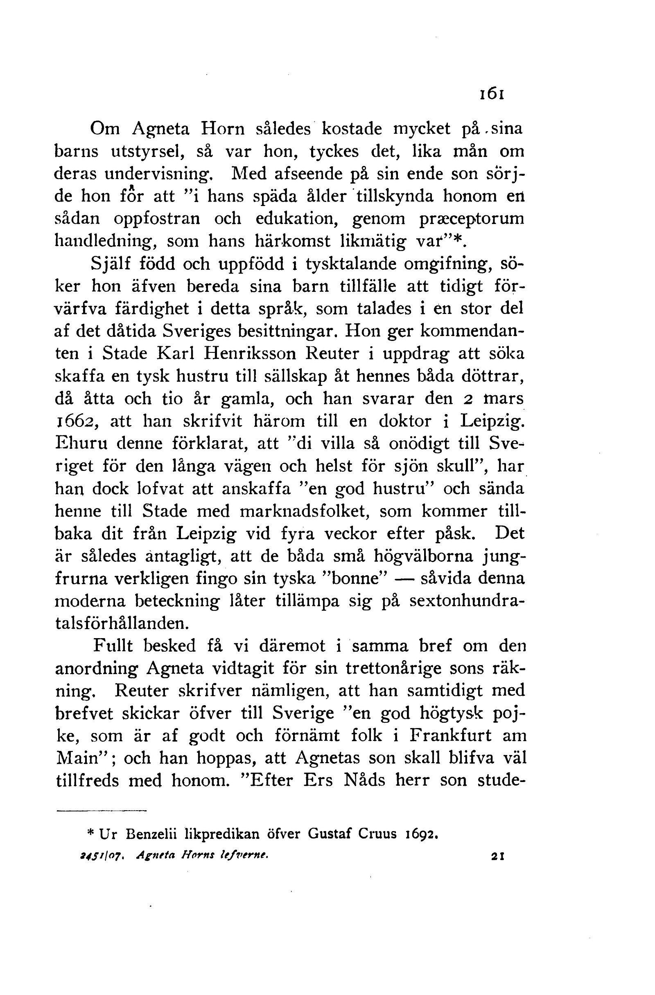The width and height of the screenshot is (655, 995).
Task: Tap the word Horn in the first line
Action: tap(222, 129)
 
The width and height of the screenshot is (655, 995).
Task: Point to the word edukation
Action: tap(298, 218)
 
